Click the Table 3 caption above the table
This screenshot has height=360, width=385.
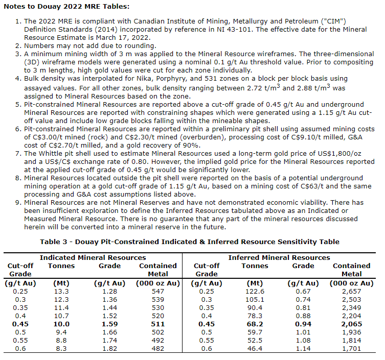click(193, 242)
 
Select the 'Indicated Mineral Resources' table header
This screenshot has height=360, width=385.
click(93, 257)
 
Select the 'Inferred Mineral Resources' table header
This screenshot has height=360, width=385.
click(279, 257)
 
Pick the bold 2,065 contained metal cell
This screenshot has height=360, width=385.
click(351, 324)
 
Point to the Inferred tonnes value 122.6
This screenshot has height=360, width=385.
click(255, 291)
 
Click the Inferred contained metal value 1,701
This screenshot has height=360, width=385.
click(351, 349)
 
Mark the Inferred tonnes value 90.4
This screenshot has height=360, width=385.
click(255, 308)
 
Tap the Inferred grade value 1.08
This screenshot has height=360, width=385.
click(303, 341)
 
